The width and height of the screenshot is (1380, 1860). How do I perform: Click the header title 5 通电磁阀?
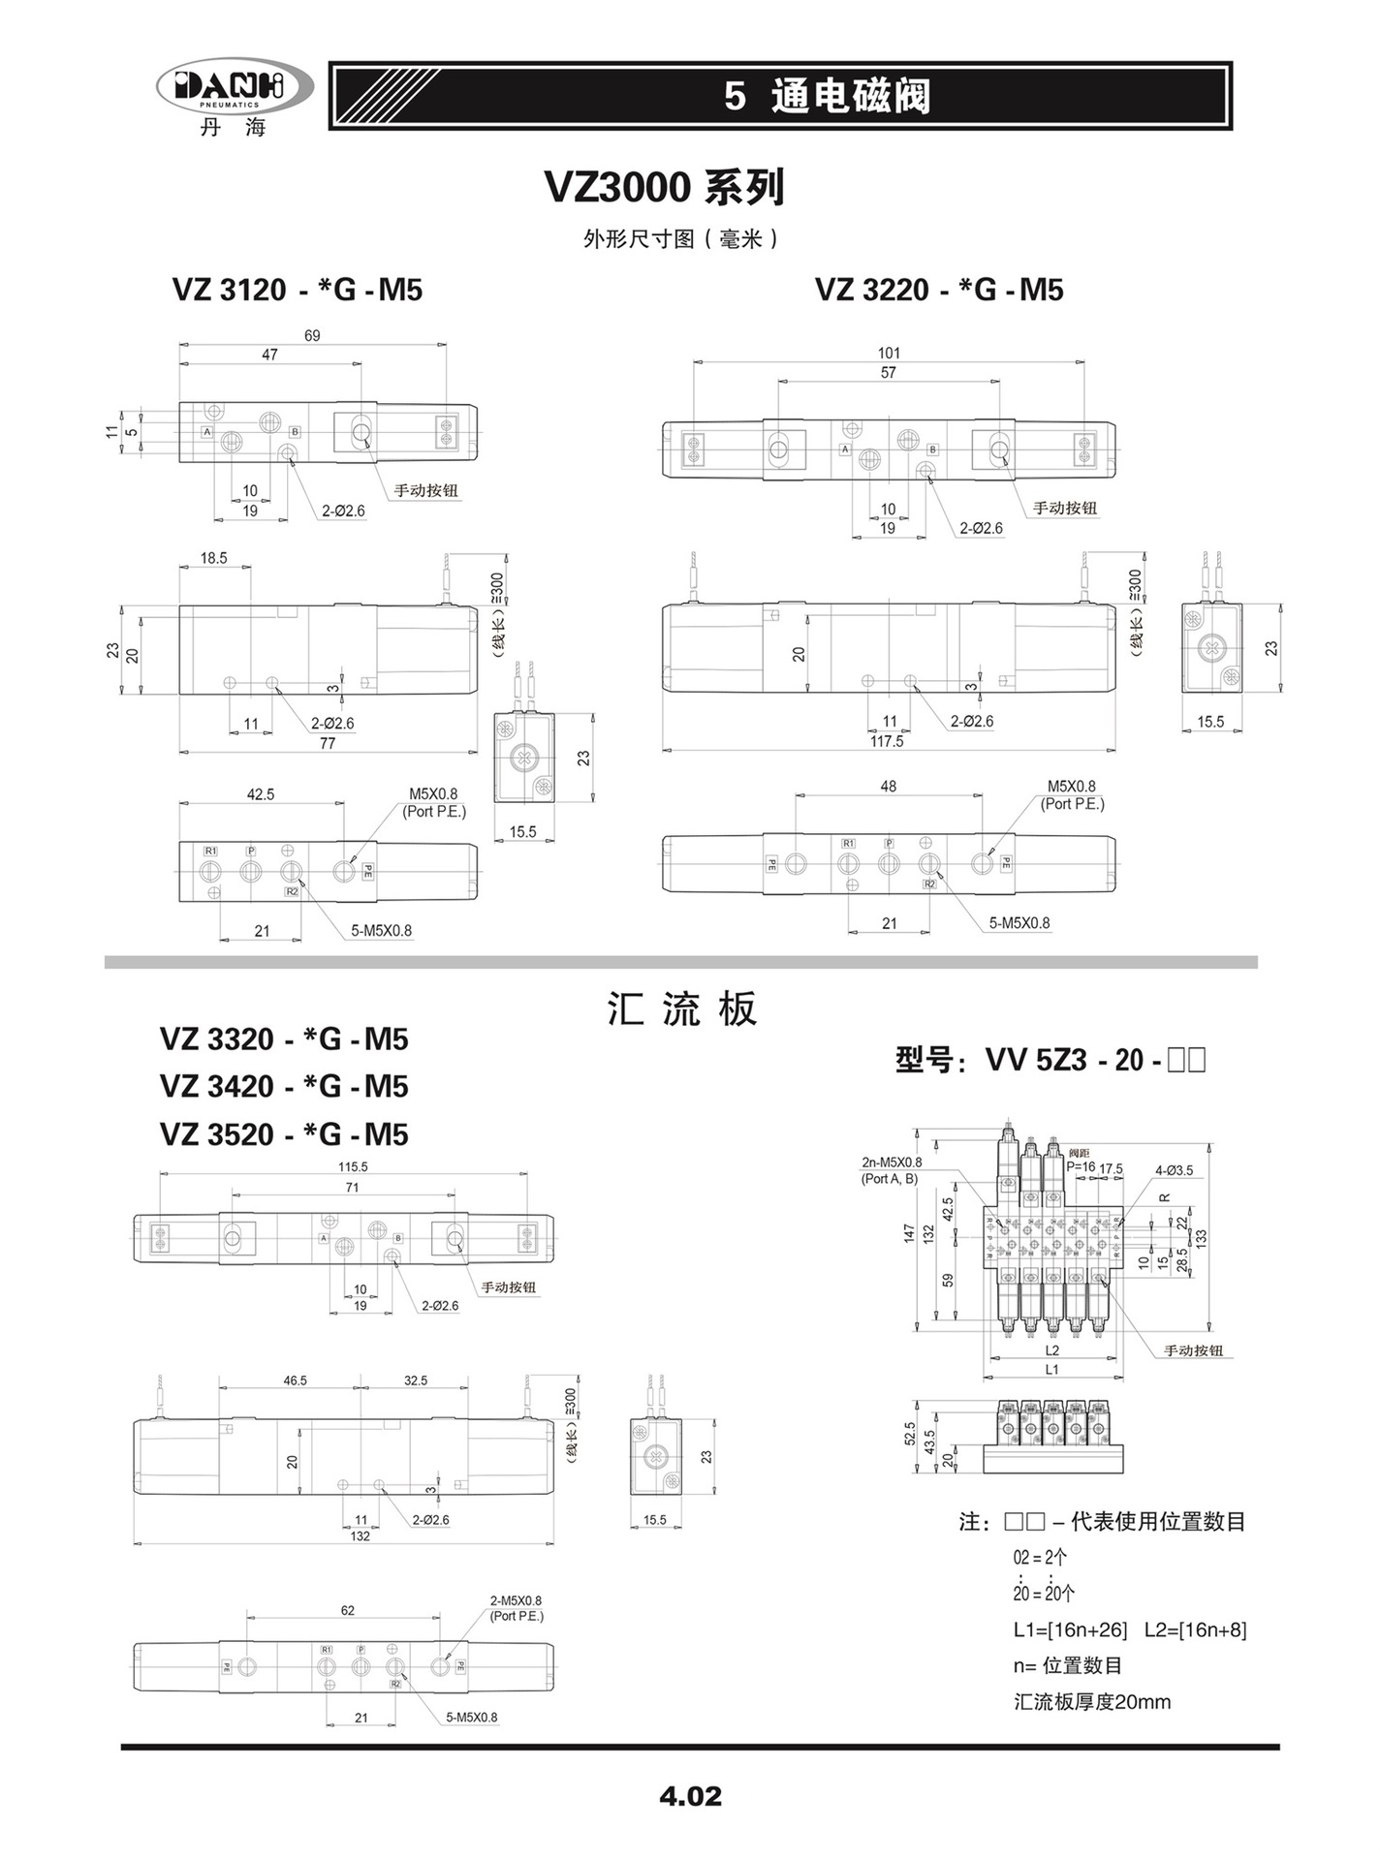coord(827,97)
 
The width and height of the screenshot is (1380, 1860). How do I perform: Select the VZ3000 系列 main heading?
coord(665,187)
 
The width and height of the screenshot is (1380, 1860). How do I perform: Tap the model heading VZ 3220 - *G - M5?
coord(939,290)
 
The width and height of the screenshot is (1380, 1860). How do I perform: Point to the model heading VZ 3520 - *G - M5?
coord(284,1134)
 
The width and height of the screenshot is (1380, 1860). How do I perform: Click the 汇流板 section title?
coord(681,1009)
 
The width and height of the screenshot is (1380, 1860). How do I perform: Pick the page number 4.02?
coord(690,1797)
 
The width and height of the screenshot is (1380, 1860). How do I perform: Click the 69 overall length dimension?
coord(312,336)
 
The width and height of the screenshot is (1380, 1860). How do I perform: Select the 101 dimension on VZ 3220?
coord(889,354)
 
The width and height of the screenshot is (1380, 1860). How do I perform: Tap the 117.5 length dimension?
coord(887,741)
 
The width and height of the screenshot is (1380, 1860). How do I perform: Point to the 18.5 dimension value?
coord(214,558)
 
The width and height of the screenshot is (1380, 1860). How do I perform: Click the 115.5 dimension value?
coord(352,1167)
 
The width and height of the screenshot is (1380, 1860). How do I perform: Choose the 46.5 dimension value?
coord(296,1380)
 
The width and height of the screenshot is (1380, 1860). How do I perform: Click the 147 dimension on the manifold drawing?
coord(909,1233)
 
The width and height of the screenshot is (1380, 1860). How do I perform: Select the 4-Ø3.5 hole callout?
coord(1174,1169)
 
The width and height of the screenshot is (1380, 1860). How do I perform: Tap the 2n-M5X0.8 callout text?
coord(892,1162)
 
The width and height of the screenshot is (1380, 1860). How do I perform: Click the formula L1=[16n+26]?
coord(1071,1629)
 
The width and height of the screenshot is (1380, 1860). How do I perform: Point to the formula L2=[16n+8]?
coord(1195,1629)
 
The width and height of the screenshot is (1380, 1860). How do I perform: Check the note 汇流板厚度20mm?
coord(1092,1702)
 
